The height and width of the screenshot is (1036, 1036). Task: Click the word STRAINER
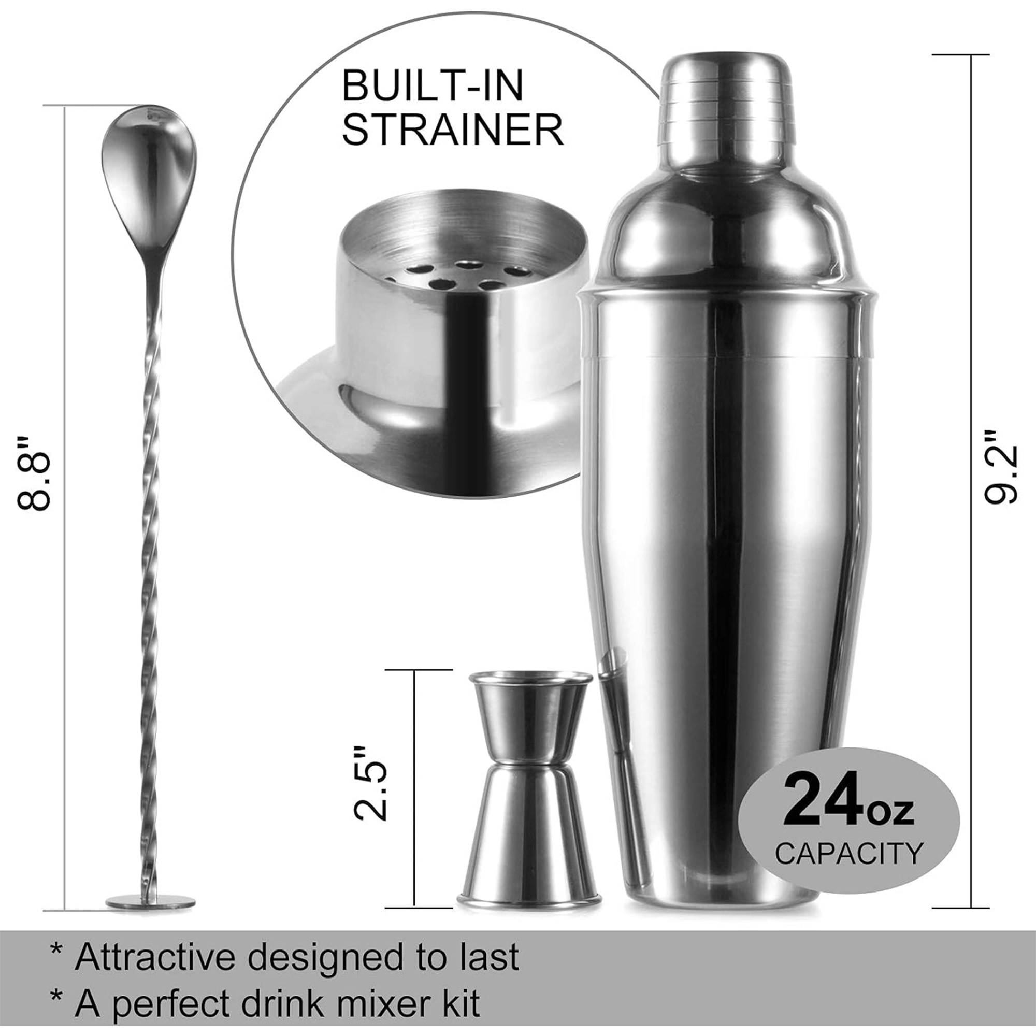pos(453,130)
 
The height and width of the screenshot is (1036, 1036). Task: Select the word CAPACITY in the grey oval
pos(849,854)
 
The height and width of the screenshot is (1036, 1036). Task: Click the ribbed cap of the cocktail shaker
pos(729,102)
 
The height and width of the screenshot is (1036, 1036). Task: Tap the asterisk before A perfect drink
pos(55,999)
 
